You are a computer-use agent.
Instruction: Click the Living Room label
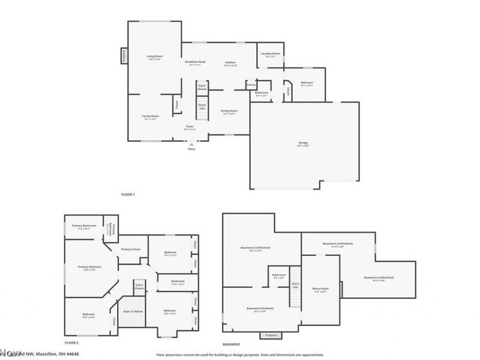click(155, 56)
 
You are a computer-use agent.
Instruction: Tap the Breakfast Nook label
click(196, 62)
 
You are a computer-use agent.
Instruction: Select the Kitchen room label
click(230, 62)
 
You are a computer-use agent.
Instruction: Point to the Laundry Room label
click(270, 53)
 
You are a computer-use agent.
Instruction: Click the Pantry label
click(251, 85)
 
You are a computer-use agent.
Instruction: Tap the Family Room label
click(150, 116)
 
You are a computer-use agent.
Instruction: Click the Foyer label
click(190, 127)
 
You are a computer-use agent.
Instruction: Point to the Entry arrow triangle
click(191, 144)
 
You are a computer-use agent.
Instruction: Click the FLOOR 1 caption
click(128, 195)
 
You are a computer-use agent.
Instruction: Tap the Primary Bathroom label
click(84, 226)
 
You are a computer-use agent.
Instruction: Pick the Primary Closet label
click(130, 249)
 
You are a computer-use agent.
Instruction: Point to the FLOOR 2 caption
click(71, 343)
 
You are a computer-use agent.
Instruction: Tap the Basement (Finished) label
click(260, 308)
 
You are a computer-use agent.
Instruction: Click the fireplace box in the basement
click(270, 335)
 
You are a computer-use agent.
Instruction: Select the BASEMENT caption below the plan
click(232, 344)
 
